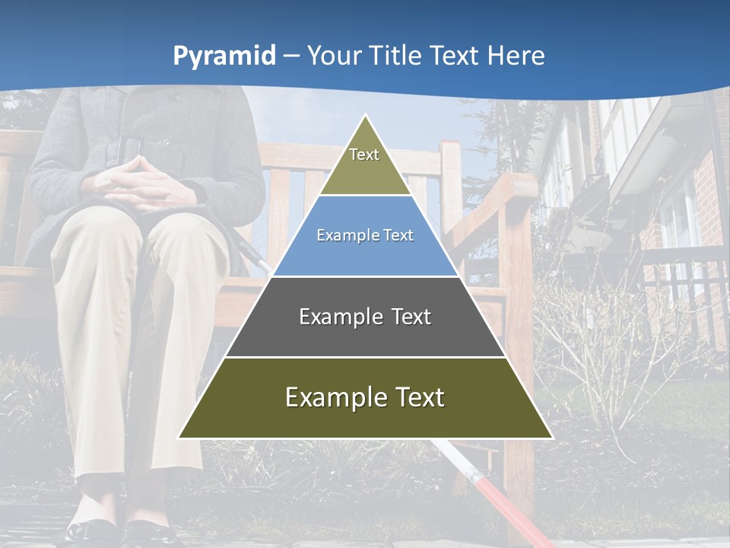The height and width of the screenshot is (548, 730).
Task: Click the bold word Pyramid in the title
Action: pos(224,56)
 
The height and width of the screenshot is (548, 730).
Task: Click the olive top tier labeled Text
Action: pos(365,164)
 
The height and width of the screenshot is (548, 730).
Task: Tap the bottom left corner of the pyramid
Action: pos(179,438)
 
